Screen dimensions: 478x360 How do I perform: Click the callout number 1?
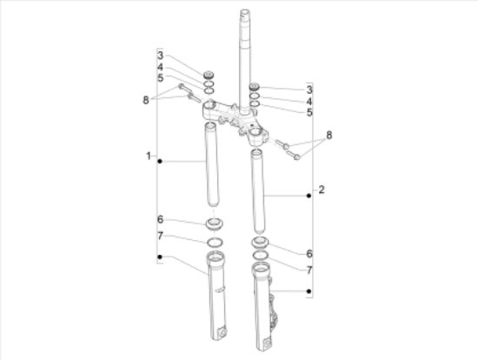click(149, 156)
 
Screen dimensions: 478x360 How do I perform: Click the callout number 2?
click(322, 190)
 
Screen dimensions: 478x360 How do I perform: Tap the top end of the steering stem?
click(244, 12)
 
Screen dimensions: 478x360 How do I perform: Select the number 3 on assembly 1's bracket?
click(161, 56)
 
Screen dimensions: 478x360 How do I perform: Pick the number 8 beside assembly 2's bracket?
click(329, 135)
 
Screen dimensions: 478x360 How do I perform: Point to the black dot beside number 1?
click(160, 161)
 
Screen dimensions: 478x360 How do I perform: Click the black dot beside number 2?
click(309, 196)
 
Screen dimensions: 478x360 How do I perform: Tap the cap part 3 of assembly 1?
click(209, 75)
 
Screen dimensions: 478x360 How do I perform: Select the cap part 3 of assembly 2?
click(255, 87)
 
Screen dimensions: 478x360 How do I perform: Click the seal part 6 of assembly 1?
click(214, 224)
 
